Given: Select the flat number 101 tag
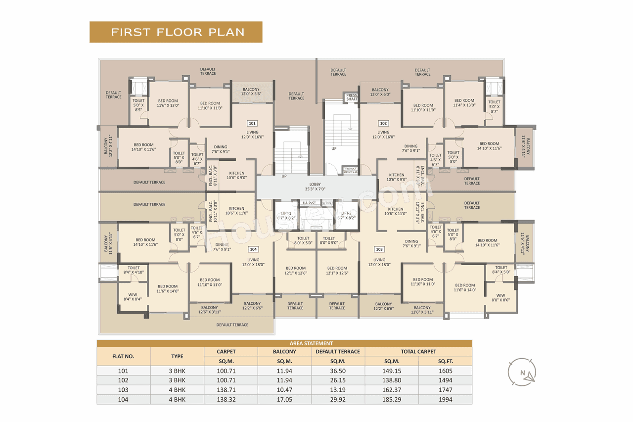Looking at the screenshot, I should click(x=252, y=123).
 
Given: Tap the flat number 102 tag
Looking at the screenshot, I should click(x=383, y=123).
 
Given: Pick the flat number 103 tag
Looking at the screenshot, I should click(x=379, y=249).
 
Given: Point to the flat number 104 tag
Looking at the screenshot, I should click(x=253, y=249).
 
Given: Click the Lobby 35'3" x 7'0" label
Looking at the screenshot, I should click(x=316, y=187).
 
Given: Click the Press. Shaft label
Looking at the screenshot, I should click(x=352, y=97).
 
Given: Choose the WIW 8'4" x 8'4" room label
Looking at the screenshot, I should click(x=133, y=296).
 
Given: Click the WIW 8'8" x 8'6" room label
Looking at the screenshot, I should click(x=500, y=297).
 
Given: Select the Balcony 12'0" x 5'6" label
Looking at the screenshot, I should click(x=251, y=92).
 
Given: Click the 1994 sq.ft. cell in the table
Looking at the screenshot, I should click(x=445, y=399).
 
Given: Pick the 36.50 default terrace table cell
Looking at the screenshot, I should click(x=338, y=371).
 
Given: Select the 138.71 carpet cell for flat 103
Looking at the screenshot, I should click(x=231, y=390).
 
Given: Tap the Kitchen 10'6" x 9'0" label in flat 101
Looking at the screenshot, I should click(x=236, y=175).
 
